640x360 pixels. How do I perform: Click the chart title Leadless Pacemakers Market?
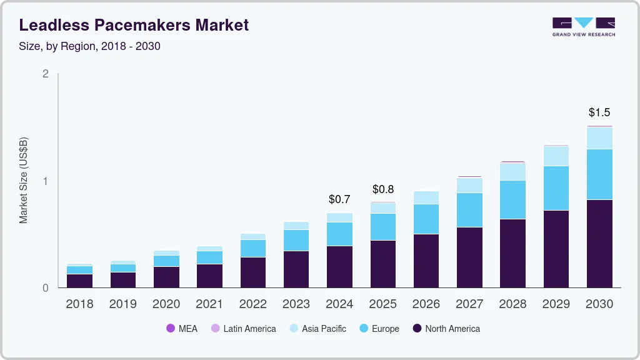coord(134,25)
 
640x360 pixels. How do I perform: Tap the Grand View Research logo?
coord(583,27)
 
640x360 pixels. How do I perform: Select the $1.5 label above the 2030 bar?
coord(599,112)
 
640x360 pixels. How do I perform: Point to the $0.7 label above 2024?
coord(339,200)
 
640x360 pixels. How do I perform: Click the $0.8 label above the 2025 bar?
coord(383,189)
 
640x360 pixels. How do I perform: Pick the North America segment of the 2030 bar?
coord(599,244)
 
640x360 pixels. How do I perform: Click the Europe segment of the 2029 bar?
coord(556,187)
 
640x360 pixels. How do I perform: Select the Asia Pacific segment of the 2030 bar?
coord(599,138)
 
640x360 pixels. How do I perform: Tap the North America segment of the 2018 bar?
coord(80,281)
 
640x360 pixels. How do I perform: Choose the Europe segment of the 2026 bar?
coord(426,219)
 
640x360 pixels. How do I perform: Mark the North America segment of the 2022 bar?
coord(253,272)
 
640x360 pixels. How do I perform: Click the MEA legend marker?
coord(171,328)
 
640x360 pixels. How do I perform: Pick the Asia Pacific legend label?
coord(324,328)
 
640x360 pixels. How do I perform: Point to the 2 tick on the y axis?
coord(46,74)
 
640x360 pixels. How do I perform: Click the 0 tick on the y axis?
coord(46,288)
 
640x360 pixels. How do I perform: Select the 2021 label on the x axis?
coord(210,304)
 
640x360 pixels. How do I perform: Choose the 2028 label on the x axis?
coord(512,304)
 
